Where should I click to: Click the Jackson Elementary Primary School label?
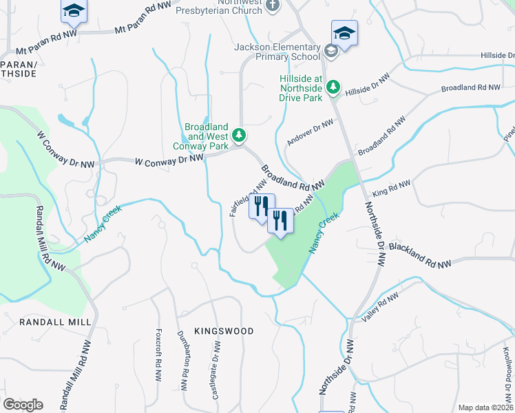coord(277,52)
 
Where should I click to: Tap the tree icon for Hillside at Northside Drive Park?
coord(333,86)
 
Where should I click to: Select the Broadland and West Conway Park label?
coord(206,136)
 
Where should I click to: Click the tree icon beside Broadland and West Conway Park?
coord(239,135)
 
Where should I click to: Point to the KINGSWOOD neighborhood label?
coord(223,331)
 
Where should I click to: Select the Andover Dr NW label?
coord(310,131)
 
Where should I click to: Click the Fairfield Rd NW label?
coord(248,198)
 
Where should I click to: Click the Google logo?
coord(23,405)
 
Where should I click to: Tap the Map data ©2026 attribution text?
coord(486,407)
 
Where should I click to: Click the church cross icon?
coord(273,6)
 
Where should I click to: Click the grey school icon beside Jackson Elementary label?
coord(330,50)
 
